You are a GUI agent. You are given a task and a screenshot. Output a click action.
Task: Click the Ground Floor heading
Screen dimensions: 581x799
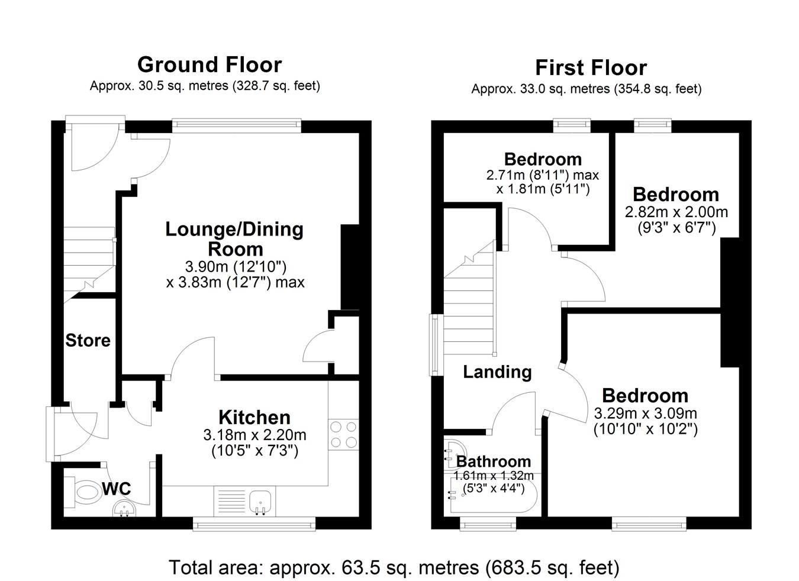(210, 64)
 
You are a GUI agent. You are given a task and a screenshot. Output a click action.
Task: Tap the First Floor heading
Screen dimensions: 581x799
(591, 67)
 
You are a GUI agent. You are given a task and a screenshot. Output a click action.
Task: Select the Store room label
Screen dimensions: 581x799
(88, 340)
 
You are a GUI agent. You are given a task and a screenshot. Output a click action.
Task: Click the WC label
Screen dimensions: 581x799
(116, 489)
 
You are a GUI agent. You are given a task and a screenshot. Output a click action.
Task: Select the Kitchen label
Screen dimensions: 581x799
(254, 417)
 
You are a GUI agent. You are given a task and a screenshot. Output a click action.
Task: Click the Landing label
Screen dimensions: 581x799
(497, 372)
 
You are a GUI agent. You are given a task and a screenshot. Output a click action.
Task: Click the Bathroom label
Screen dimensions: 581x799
(494, 461)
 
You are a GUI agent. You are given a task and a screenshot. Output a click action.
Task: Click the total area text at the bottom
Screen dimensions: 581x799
(394, 567)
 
